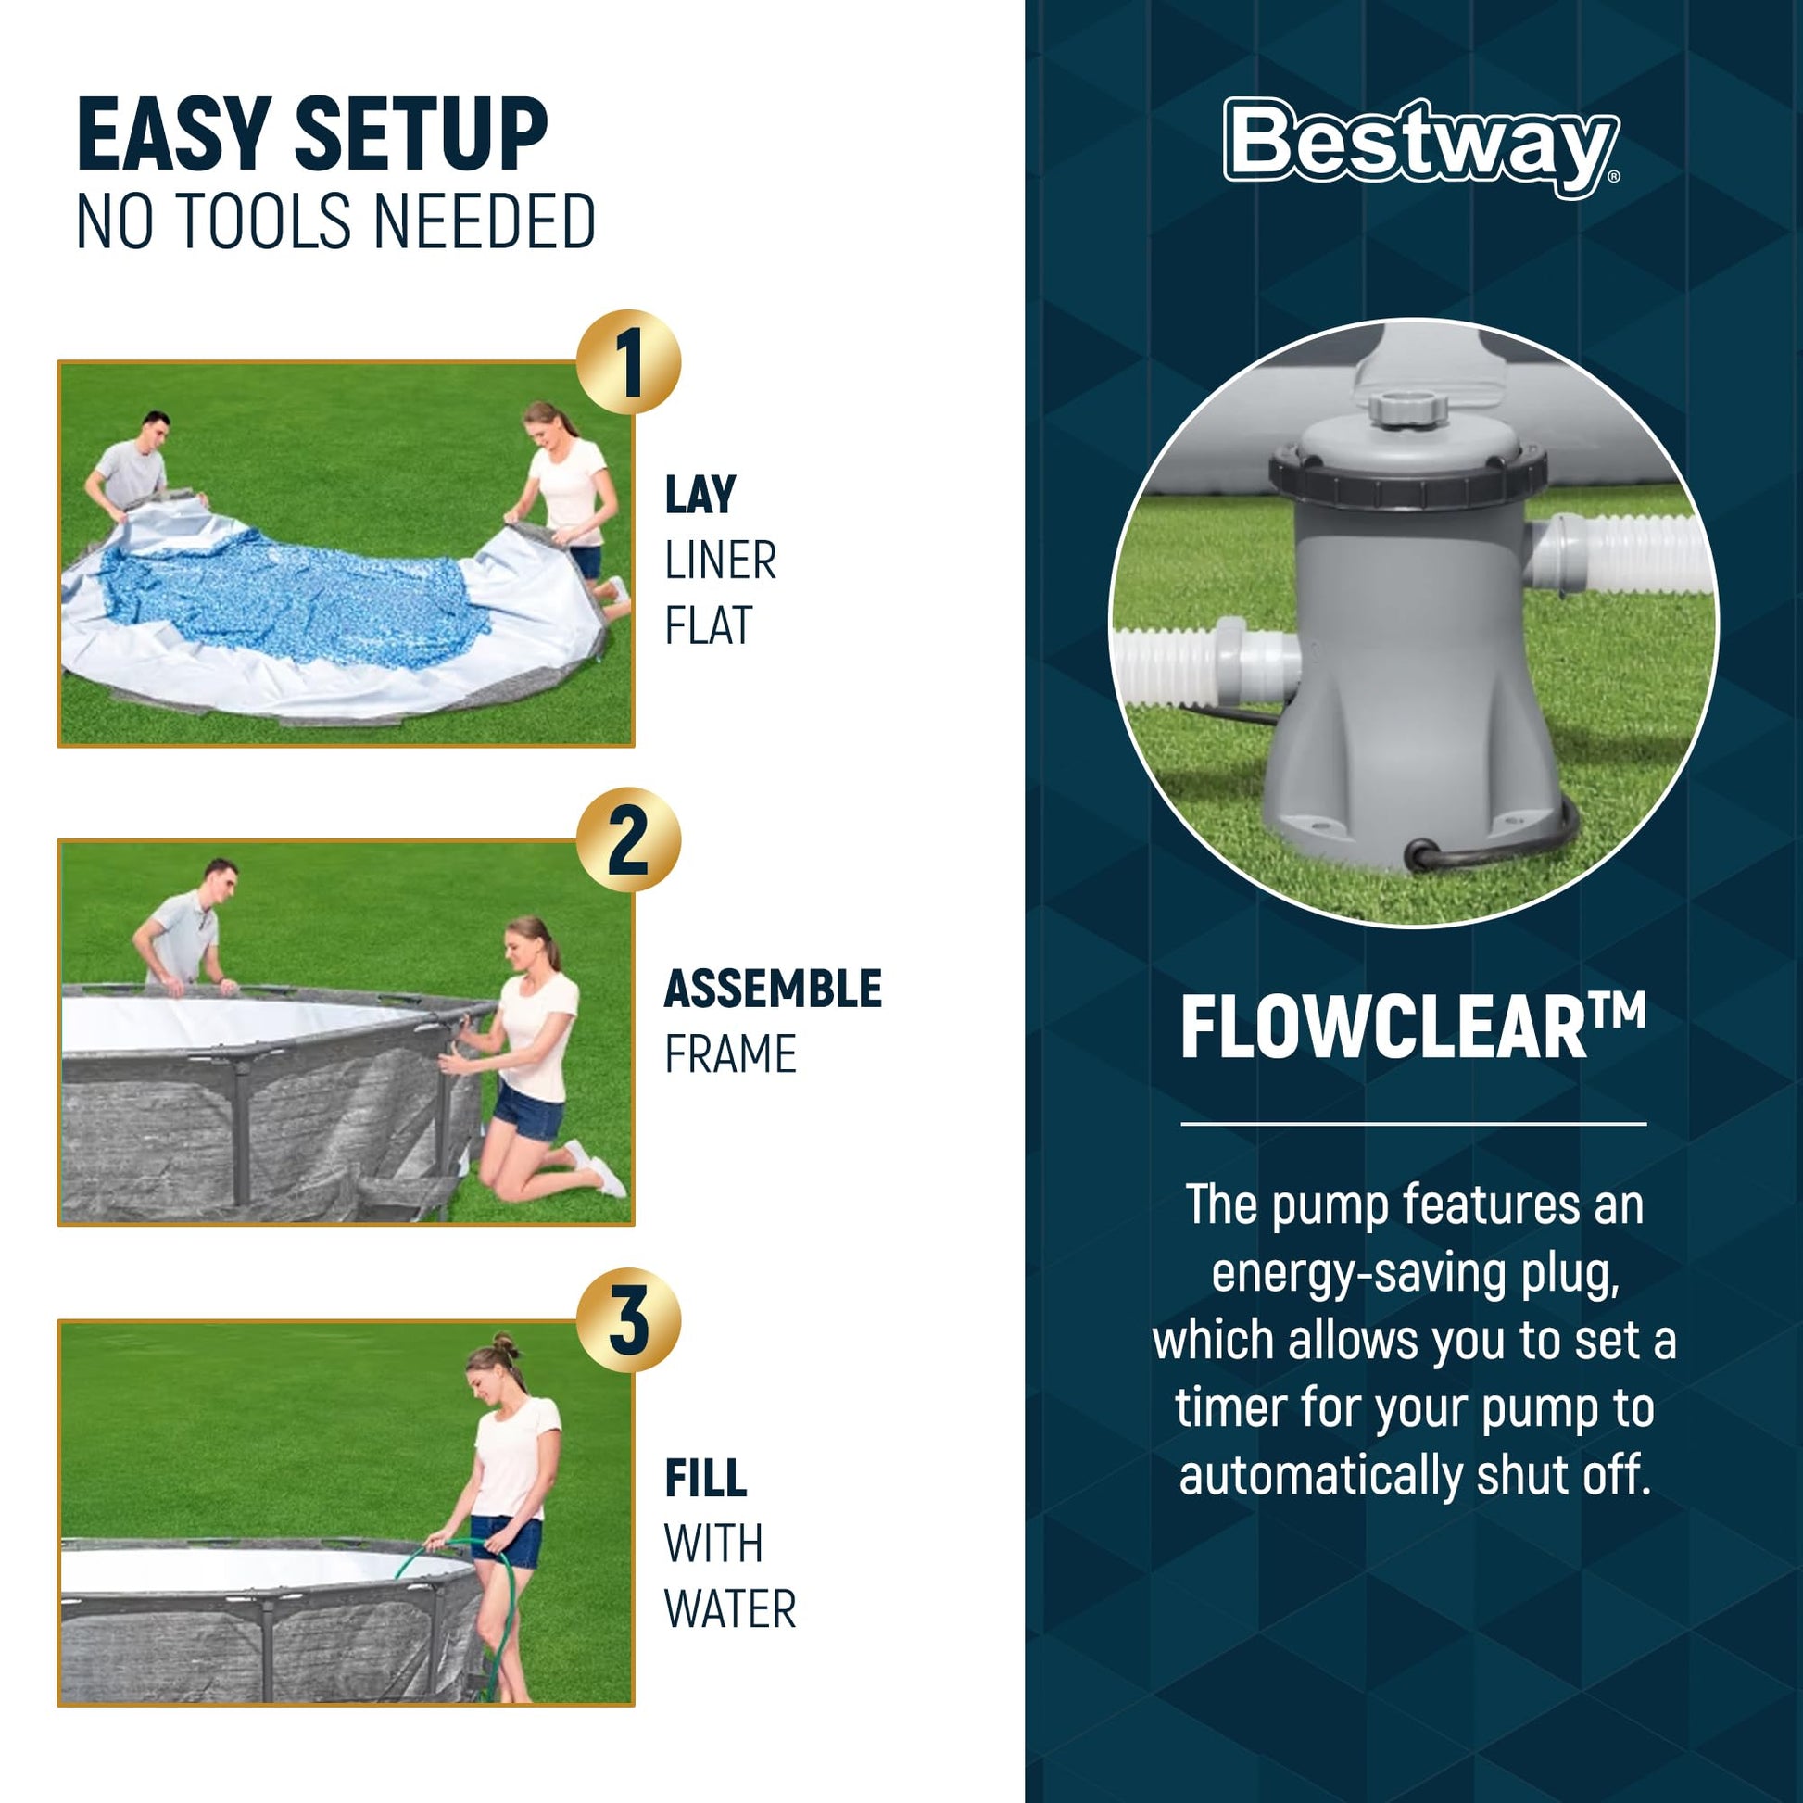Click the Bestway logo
coord(1421,147)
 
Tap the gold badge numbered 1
coord(628,362)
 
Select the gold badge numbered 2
coord(628,840)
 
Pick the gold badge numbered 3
coord(628,1319)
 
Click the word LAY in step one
coord(700,496)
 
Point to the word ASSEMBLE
coord(773,990)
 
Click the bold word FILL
coord(705,1478)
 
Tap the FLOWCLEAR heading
coord(1413,1028)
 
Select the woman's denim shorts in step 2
coord(526,1110)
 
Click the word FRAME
coord(730,1054)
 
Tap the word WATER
coord(730,1608)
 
